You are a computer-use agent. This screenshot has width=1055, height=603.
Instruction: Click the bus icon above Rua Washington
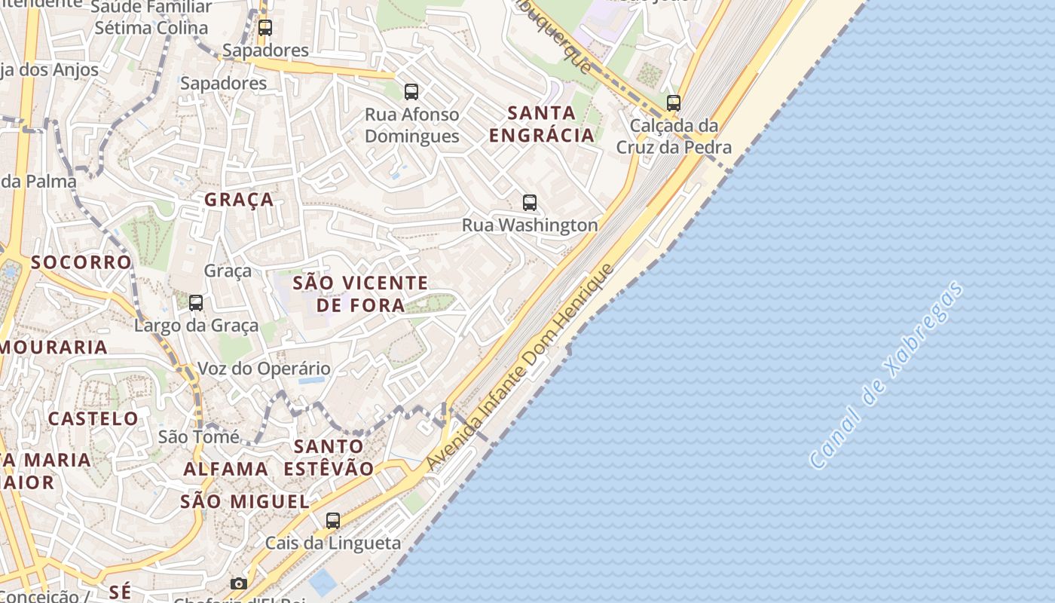click(530, 202)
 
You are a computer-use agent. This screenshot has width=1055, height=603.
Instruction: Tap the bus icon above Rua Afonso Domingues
click(411, 92)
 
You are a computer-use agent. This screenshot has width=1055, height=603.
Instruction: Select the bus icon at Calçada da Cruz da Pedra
click(674, 103)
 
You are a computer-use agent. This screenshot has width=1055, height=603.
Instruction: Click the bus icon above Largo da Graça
click(196, 303)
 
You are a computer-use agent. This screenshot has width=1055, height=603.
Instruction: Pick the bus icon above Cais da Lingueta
click(332, 520)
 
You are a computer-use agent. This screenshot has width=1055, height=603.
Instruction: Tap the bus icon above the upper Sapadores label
click(265, 28)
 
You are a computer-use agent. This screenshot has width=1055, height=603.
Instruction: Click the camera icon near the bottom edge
click(239, 583)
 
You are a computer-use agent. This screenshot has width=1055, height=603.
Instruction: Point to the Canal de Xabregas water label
click(886, 375)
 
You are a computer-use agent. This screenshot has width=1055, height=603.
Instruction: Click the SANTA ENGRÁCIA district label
click(541, 124)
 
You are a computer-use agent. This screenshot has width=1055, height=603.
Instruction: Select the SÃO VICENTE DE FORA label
click(360, 294)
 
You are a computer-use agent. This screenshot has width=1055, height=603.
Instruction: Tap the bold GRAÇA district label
click(239, 200)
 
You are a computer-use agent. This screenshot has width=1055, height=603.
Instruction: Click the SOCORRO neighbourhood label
click(81, 262)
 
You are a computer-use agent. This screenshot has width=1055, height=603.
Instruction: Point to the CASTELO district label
click(93, 418)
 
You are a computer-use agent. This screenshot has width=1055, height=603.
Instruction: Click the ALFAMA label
click(226, 469)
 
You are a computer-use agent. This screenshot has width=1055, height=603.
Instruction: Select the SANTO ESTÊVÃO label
click(329, 457)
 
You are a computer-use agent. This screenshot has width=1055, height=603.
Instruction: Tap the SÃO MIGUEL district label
click(245, 502)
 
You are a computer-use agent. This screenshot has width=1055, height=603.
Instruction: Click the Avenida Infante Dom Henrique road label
click(521, 367)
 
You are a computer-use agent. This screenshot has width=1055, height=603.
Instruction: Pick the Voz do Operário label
click(264, 369)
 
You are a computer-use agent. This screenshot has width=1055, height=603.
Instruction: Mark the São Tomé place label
click(199, 436)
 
